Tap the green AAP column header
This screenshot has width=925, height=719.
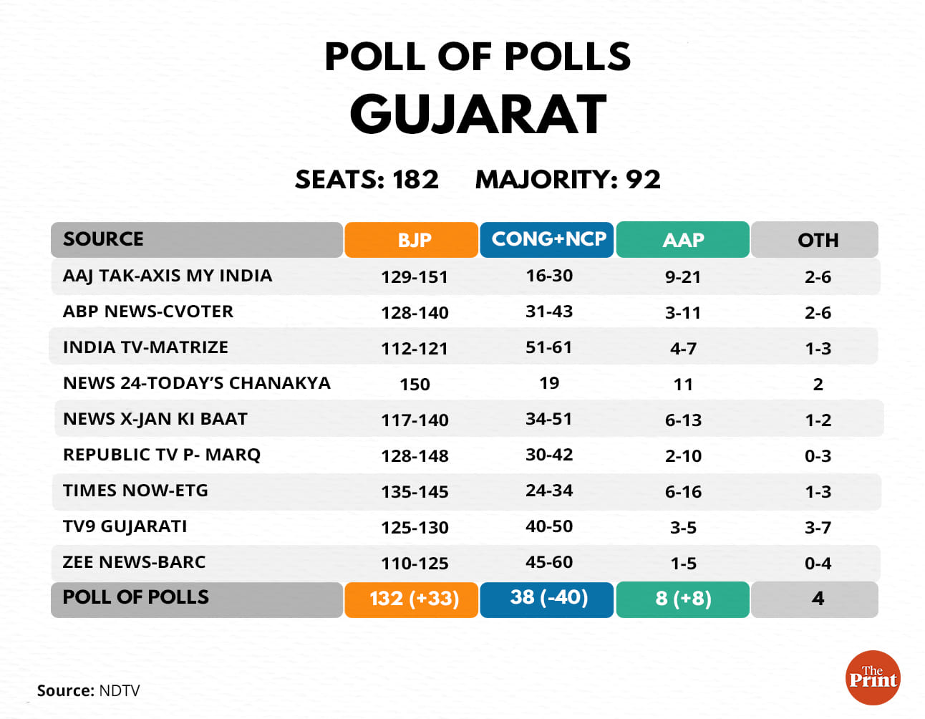[x=682, y=240]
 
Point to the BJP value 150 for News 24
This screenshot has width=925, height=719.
[x=415, y=385]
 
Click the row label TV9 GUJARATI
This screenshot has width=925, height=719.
[x=125, y=526]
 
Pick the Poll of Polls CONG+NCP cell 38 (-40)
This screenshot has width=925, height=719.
[x=548, y=598]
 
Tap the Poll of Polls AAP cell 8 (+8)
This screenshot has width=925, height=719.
[x=682, y=599]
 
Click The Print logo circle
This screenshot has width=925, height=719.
[x=873, y=677]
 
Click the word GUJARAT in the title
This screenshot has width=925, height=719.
[x=478, y=115]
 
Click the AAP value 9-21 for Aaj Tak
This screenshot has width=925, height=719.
[x=682, y=277]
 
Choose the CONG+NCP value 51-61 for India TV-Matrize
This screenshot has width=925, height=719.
[x=548, y=348]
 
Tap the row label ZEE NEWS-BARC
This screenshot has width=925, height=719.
[x=134, y=562]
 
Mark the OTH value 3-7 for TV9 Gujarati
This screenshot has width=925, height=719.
[x=817, y=528]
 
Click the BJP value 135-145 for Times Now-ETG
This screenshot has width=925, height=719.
[x=415, y=492]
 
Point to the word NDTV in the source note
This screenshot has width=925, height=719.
[x=120, y=691]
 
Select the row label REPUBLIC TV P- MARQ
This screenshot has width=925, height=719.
[x=162, y=455]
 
